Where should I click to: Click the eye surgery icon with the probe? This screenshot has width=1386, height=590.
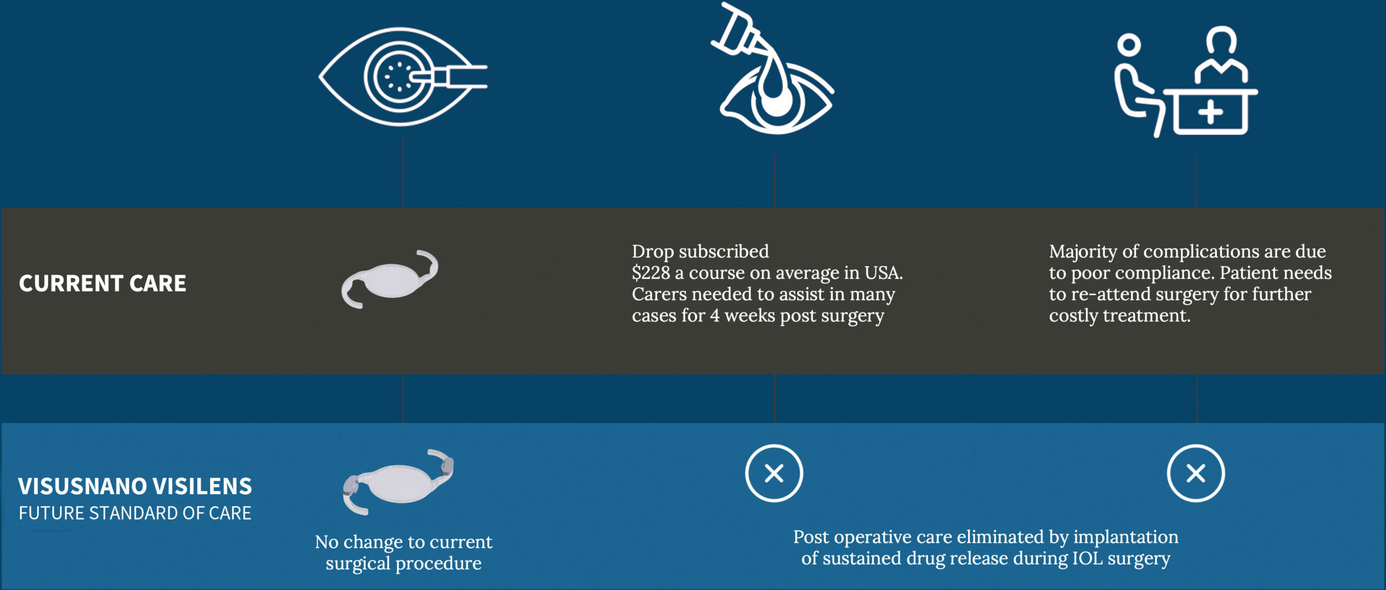403,76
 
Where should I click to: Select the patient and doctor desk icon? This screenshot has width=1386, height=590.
1186,81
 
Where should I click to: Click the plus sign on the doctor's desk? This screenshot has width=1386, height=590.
1211,113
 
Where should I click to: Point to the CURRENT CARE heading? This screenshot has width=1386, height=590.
102,283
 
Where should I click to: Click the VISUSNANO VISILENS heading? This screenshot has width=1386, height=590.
135,486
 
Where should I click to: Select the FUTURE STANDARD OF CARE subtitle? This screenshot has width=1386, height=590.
135,513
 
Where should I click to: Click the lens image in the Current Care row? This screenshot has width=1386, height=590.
389,279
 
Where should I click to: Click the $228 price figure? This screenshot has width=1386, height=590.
651,273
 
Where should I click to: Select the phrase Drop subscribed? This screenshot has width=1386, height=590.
700,251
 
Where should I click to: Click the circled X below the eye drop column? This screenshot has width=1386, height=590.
774,474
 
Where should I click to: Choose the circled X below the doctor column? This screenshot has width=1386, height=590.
1196,474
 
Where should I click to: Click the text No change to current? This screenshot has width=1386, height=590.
404,542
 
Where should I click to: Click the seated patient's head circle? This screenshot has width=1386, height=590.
1129,45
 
